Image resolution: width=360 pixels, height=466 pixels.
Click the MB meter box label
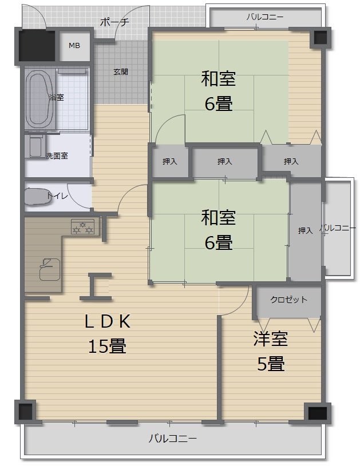click(75, 46)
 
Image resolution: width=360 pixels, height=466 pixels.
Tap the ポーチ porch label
click(114, 22)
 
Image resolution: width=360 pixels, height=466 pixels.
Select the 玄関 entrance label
click(120, 72)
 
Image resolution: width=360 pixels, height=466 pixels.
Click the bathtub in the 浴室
click(39, 99)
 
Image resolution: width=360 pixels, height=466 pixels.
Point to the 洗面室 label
click(57, 156)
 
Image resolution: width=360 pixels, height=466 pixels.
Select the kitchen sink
click(49, 268)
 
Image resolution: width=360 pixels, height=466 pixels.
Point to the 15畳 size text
click(107, 346)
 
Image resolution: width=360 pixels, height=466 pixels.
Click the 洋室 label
click(271, 339)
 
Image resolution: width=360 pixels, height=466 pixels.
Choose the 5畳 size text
click(271, 364)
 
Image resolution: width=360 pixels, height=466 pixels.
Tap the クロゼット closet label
click(288, 300)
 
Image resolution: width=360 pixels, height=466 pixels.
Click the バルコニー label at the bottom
click(172, 439)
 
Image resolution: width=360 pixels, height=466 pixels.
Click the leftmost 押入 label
click(169, 162)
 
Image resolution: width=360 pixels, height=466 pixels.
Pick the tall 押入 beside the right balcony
click(305, 230)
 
